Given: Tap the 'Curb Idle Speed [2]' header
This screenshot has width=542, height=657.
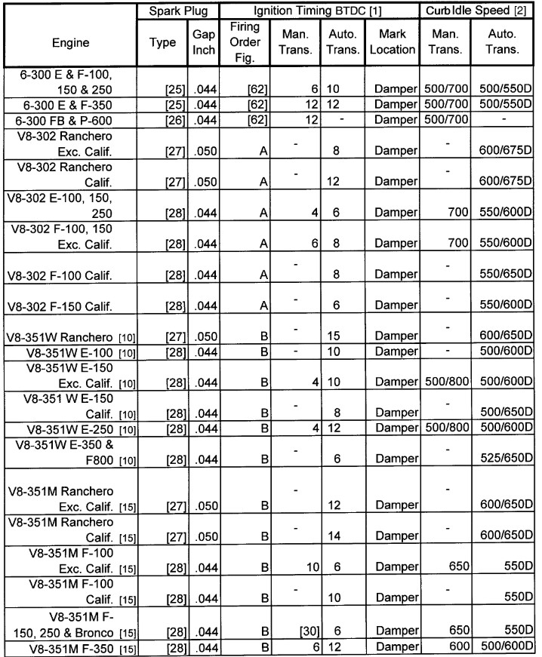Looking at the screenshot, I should coord(477,12).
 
